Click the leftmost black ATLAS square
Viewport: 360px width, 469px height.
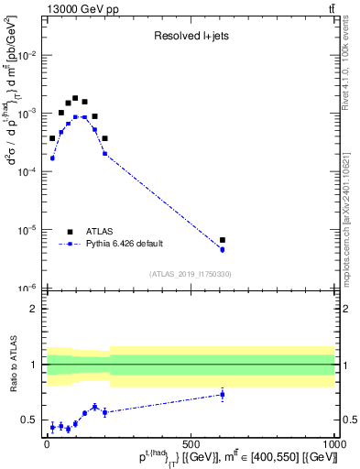52,138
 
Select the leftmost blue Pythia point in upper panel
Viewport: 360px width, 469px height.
52,158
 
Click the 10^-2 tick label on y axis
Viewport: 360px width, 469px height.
28,55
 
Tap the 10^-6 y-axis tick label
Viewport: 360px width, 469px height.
28,288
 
